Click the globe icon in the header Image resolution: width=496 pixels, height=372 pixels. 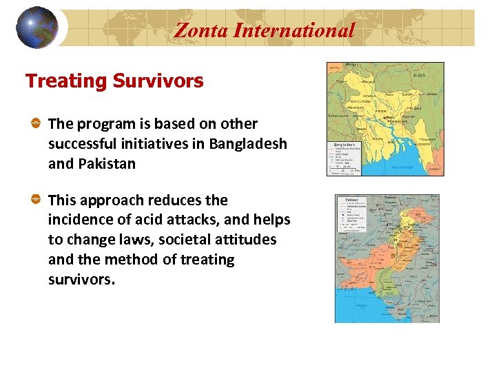[37, 27]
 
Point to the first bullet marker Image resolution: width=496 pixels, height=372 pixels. [35, 123]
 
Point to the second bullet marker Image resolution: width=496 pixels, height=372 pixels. [35, 200]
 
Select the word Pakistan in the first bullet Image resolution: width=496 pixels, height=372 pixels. [105, 164]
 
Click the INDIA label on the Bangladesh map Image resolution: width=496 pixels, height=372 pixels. [419, 74]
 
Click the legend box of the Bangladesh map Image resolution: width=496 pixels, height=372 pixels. [342, 158]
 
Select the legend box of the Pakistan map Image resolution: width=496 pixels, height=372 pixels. [354, 217]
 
